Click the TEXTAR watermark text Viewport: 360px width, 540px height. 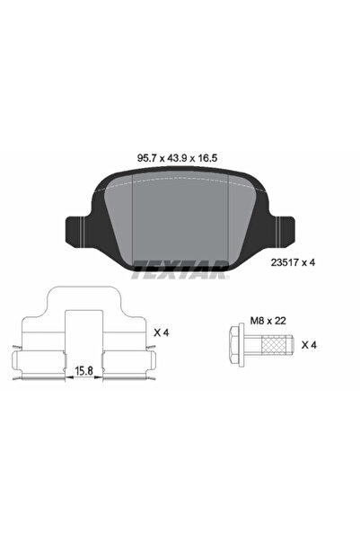pyautogui.click(x=180, y=265)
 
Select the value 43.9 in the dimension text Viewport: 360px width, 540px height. pyautogui.click(x=180, y=155)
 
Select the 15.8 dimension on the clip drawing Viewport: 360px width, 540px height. pyautogui.click(x=83, y=368)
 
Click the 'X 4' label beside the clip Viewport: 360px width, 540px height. pyautogui.click(x=162, y=333)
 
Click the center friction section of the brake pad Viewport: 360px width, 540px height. pyautogui.click(x=180, y=216)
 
